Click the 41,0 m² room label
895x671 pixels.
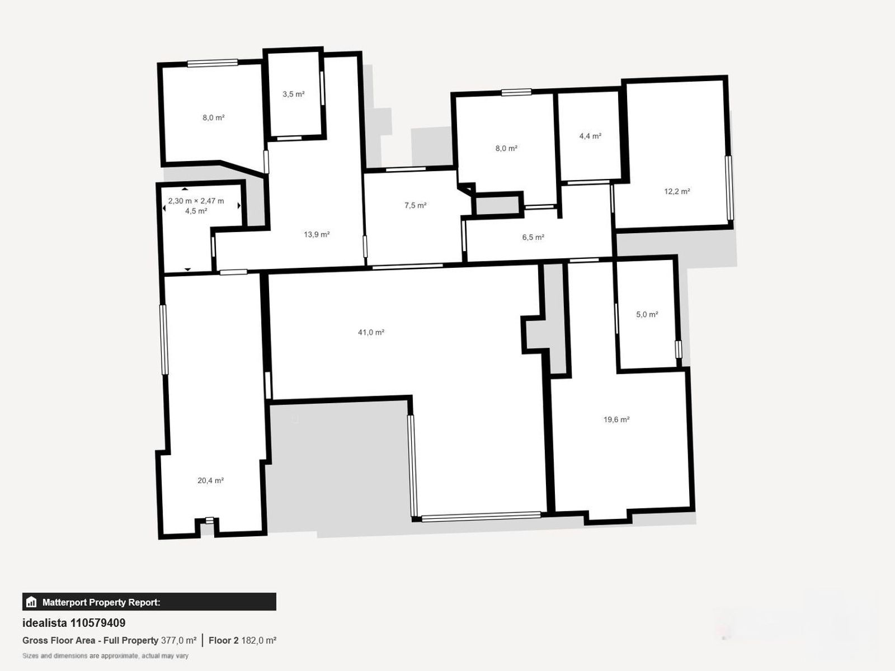371,333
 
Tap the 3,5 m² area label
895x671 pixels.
294,94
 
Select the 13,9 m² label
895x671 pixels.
317,234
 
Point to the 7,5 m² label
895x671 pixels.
416,205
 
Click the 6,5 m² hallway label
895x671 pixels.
533,237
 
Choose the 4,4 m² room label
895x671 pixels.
590,136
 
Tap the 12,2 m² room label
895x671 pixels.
677,191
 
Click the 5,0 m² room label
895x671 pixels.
647,314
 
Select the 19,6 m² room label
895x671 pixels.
616,419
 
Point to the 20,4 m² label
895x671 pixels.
210,481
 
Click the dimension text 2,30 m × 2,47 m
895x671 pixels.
196,201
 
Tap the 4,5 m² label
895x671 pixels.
196,211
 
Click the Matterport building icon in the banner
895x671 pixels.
31,602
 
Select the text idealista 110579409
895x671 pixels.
74,623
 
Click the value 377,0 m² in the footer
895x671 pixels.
178,640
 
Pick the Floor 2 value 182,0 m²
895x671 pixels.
259,640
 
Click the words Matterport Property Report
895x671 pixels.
102,602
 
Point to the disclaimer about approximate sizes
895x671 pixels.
105,656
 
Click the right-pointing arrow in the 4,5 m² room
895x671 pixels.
239,206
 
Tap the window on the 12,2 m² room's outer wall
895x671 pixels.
729,188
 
